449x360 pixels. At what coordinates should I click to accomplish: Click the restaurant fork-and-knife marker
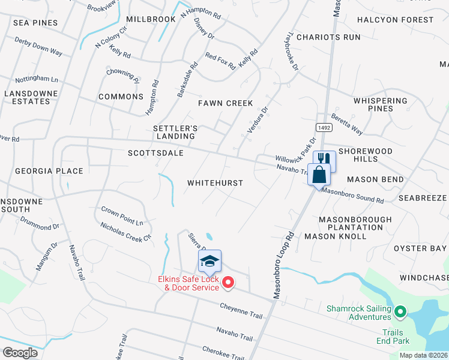324,159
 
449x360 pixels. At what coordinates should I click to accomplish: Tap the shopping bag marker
319,175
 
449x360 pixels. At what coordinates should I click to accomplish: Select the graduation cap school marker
209,261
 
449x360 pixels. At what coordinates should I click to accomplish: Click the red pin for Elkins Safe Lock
228,282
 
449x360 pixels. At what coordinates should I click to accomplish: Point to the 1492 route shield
323,127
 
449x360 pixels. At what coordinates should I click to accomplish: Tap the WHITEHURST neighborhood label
215,182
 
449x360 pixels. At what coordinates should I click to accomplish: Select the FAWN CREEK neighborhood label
226,103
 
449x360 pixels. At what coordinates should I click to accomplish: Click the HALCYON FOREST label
395,20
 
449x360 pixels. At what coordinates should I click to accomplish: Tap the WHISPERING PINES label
381,104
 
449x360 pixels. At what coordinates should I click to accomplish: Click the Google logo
20,352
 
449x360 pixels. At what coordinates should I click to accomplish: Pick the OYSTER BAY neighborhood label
420,248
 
